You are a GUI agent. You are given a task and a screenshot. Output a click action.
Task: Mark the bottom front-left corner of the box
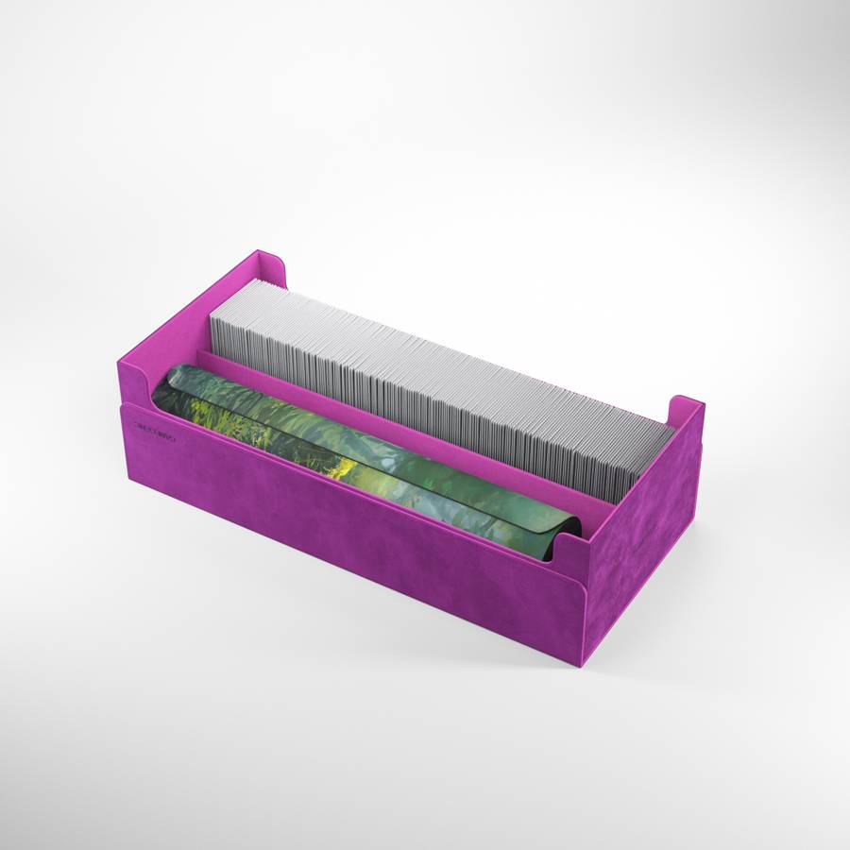coord(129,484)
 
